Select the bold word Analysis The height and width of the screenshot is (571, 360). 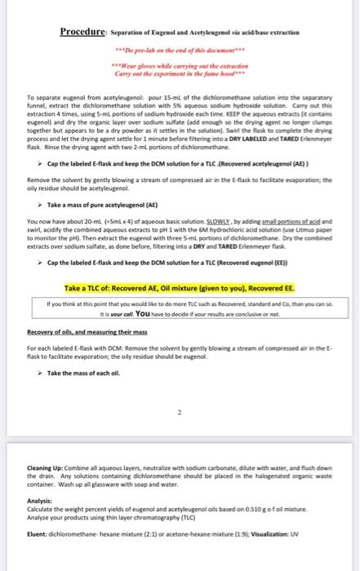(x=38, y=502)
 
